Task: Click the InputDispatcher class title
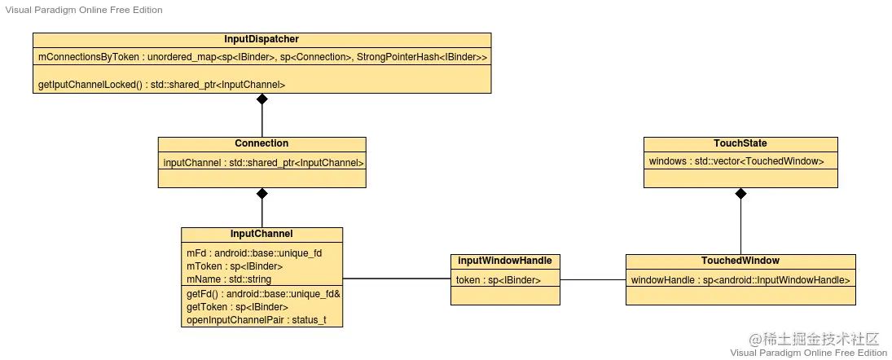[x=261, y=39]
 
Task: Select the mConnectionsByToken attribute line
[x=261, y=58]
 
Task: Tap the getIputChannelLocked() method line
[x=161, y=84]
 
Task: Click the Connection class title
[x=261, y=143]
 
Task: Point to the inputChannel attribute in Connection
[x=261, y=162]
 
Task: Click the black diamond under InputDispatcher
[x=261, y=99]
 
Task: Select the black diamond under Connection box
[x=261, y=194]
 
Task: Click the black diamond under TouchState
[x=740, y=194]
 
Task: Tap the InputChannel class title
[x=261, y=234]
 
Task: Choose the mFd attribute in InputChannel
[x=254, y=253]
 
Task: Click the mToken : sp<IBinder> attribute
[x=235, y=266]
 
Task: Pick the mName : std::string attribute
[x=229, y=279]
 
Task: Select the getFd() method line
[x=263, y=293]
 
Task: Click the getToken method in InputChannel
[x=237, y=306]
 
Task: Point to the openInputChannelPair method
[x=256, y=319]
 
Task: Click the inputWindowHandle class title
[x=505, y=261]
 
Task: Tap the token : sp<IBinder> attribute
[x=497, y=279]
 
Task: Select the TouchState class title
[x=740, y=143]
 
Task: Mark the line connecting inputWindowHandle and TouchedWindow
[x=592, y=279]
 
